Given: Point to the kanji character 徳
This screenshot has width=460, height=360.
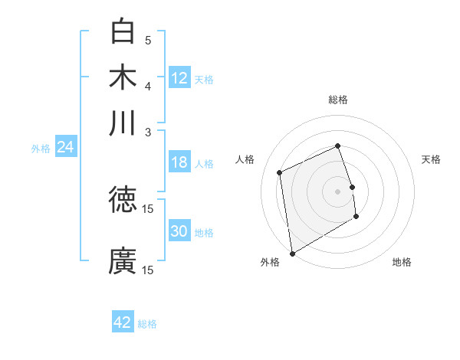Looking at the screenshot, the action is click(123, 199).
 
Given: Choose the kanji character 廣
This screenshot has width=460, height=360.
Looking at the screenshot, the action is click(123, 260).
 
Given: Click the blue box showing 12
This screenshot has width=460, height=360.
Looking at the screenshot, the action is click(179, 77).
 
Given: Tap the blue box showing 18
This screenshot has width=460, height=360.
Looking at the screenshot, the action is click(179, 162).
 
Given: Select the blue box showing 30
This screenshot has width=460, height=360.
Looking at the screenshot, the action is click(179, 232).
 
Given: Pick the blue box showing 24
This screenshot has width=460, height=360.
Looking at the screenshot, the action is click(65, 147).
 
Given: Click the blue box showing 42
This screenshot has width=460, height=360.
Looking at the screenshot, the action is click(123, 322).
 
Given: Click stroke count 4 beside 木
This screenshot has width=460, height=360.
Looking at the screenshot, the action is click(148, 86).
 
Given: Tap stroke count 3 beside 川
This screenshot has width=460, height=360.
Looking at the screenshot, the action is click(148, 131).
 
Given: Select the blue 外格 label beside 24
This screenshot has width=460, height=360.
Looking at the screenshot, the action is click(40, 149).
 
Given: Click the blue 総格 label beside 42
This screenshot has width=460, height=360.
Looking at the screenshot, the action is click(147, 324).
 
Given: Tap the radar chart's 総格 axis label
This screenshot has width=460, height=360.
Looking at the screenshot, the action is click(338, 100).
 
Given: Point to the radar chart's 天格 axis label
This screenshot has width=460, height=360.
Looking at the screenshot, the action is click(431, 159).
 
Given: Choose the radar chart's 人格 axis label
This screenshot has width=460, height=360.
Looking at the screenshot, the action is click(245, 159).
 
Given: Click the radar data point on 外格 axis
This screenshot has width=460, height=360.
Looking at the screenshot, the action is click(292, 254).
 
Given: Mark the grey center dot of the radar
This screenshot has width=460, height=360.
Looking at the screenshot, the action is click(338, 191).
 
